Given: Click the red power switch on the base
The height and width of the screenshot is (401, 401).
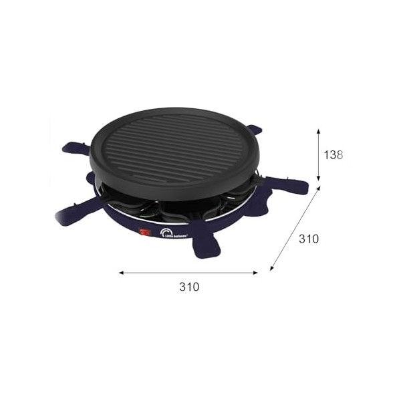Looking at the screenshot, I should (x=142, y=233).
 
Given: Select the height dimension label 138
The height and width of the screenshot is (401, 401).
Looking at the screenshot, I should (x=333, y=155).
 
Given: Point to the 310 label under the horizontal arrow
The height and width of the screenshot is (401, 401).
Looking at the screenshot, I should (x=189, y=287).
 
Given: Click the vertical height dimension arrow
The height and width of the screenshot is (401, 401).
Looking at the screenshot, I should (x=319, y=155).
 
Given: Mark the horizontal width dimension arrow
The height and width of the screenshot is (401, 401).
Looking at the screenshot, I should (x=188, y=272).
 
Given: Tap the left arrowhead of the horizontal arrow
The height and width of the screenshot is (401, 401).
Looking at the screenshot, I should (x=121, y=272).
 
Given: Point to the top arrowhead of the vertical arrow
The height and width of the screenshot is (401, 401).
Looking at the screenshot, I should (x=319, y=132).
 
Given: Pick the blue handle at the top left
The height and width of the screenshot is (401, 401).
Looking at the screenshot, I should (x=77, y=148).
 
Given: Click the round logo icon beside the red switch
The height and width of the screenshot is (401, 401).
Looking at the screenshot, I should (x=164, y=232).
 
